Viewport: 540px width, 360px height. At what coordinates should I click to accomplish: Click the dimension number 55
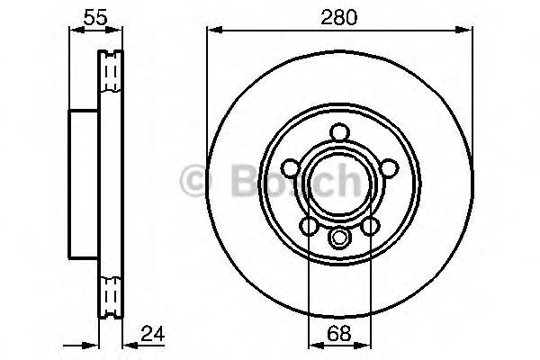pyautogui.click(x=86, y=15)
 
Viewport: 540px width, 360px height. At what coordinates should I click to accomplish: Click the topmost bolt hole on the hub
pyautogui.click(x=339, y=132)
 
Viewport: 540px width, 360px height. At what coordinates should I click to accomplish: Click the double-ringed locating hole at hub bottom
pyautogui.click(x=339, y=238)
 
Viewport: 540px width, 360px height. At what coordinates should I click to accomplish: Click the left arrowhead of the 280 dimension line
pyautogui.click(x=212, y=29)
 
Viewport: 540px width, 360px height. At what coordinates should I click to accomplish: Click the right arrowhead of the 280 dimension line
pyautogui.click(x=468, y=29)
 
